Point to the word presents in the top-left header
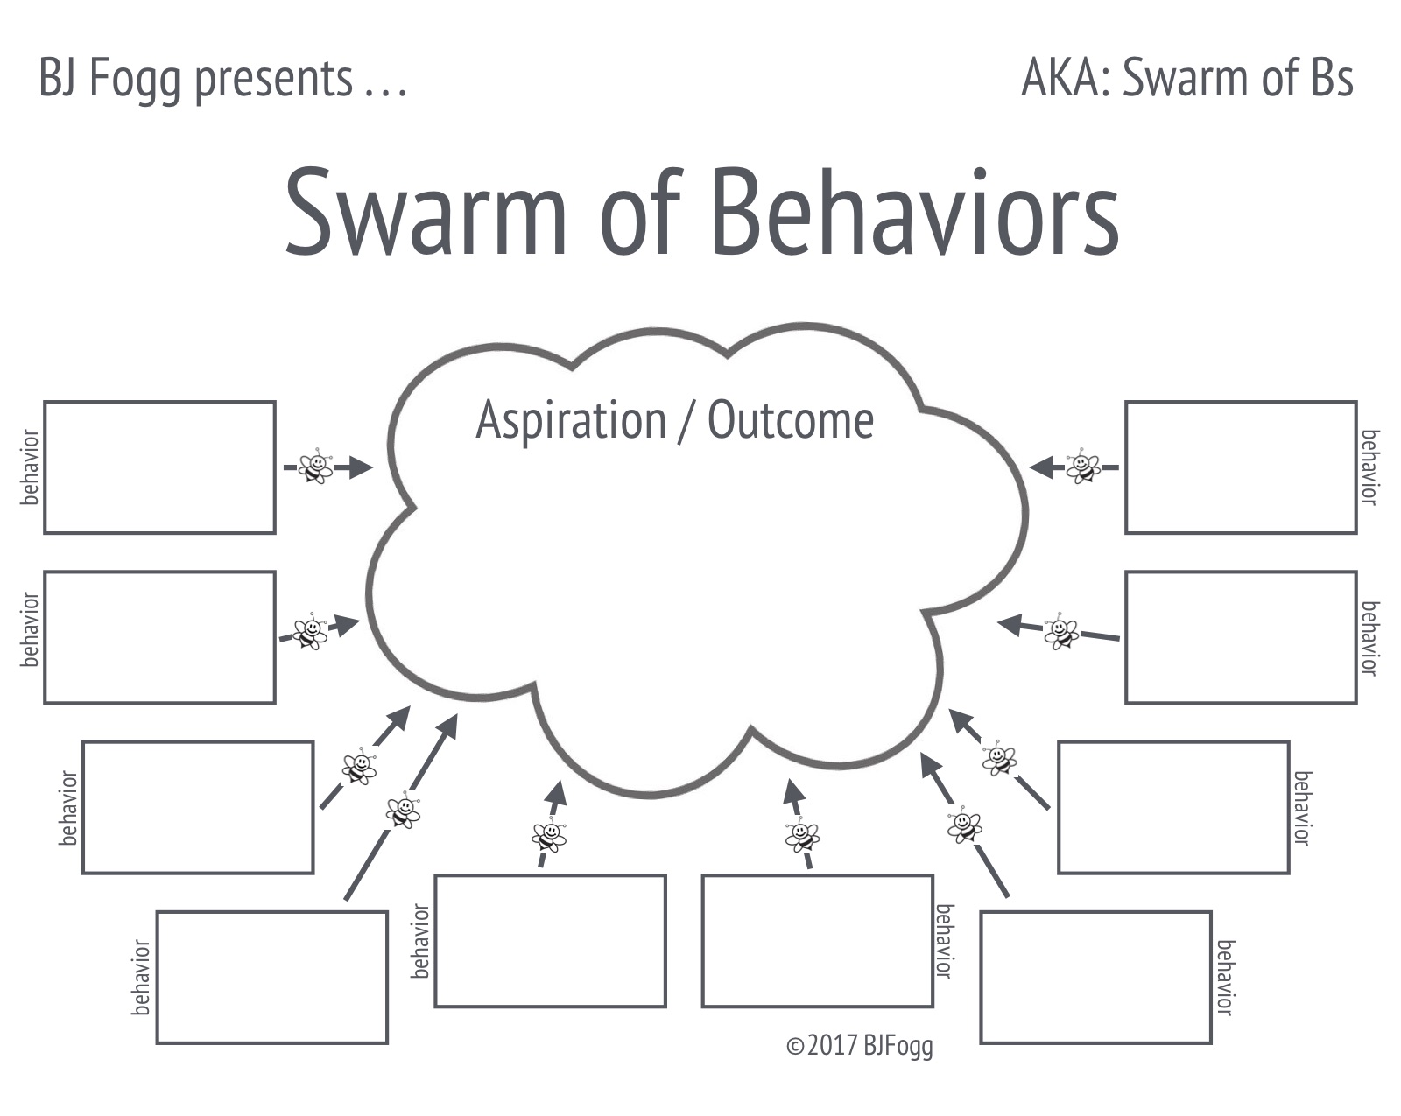272,79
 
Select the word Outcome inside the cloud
790,420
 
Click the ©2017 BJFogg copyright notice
859,1045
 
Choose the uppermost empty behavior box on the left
159,467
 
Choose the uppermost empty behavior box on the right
1241,467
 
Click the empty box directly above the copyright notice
817,941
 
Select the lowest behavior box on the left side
271,978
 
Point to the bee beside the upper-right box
1083,466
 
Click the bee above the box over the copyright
802,836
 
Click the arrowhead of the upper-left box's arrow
360,467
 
